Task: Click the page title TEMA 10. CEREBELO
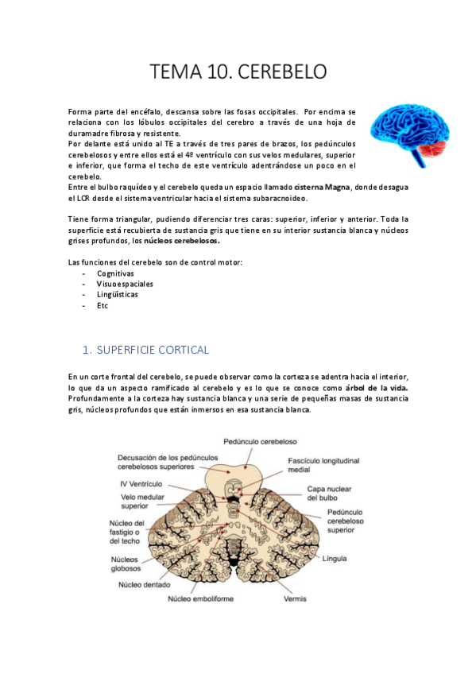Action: pos(238,72)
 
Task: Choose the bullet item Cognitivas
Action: pos(115,273)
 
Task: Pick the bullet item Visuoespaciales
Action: pos(126,284)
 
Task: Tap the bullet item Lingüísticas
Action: pos(118,294)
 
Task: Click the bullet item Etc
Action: pos(103,305)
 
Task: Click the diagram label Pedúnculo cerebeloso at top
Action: pos(260,439)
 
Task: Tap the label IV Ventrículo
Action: pos(140,482)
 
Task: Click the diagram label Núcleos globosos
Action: pos(126,563)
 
